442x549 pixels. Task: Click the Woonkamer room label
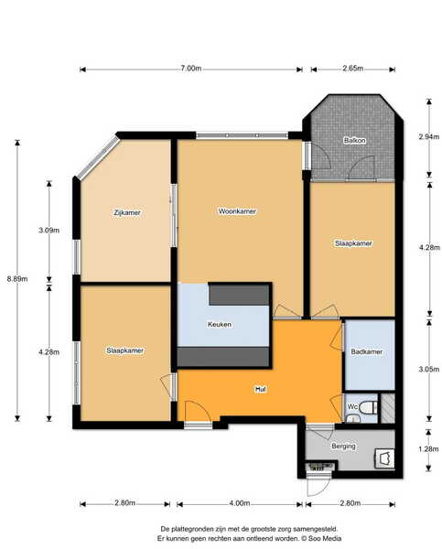[237, 211]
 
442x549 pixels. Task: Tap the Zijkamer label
[127, 212]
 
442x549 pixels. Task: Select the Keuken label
[220, 324]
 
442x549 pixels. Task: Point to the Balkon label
[355, 140]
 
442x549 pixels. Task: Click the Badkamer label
[367, 351]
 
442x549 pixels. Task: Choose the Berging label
[343, 447]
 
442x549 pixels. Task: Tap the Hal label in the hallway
[260, 389]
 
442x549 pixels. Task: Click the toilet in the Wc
[370, 407]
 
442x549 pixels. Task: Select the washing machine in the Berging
[384, 458]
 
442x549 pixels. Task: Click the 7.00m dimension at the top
[191, 69]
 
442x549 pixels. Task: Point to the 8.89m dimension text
[17, 279]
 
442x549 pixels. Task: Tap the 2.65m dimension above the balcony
[352, 69]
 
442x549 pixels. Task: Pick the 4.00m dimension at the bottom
[239, 503]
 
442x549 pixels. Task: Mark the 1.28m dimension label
[428, 449]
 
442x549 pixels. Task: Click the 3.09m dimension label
[49, 231]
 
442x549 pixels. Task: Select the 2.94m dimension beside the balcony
[429, 137]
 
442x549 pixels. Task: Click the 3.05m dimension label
[429, 369]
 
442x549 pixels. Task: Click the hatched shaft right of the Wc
[388, 408]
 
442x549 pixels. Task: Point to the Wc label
[352, 406]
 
